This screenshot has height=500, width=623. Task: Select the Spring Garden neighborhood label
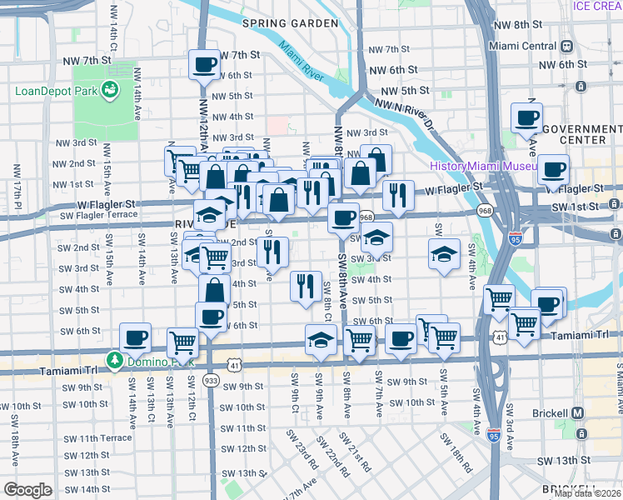pos(290,23)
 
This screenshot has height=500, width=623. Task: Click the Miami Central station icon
pos(567,46)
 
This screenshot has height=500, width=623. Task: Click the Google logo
pos(27,490)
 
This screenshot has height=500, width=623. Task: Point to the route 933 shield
pos(211,380)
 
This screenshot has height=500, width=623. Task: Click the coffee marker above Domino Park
pos(135,337)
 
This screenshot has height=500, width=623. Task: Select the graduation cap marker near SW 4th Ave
pos(445,252)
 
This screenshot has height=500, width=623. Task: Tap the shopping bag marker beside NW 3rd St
pos(376,159)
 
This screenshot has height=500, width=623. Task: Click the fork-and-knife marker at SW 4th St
pos(306,285)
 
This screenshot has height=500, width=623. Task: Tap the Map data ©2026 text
pos(587,493)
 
